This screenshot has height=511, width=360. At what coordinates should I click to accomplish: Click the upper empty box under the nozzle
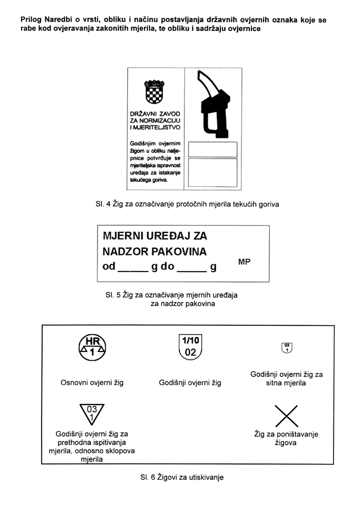pos(213,149)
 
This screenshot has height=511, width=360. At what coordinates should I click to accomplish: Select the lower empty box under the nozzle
pos(213,172)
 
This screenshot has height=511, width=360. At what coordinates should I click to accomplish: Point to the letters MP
pos(244,261)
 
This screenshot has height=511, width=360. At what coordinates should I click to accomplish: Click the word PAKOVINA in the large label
pos(179,252)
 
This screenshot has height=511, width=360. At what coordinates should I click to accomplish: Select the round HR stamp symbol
pos(92,347)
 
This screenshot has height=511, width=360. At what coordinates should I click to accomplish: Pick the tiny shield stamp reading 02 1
pos(287,348)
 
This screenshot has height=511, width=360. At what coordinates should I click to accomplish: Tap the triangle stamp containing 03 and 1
pos(92,413)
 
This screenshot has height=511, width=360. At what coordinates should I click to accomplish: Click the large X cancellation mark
pos(286,416)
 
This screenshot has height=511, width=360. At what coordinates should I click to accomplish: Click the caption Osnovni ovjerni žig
pos(92,382)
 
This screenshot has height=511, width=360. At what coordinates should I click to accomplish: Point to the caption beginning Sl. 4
pos(187,204)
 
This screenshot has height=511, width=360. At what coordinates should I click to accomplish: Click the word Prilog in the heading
pos(32,19)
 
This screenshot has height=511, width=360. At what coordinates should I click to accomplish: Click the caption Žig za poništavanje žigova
pos(286,438)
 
